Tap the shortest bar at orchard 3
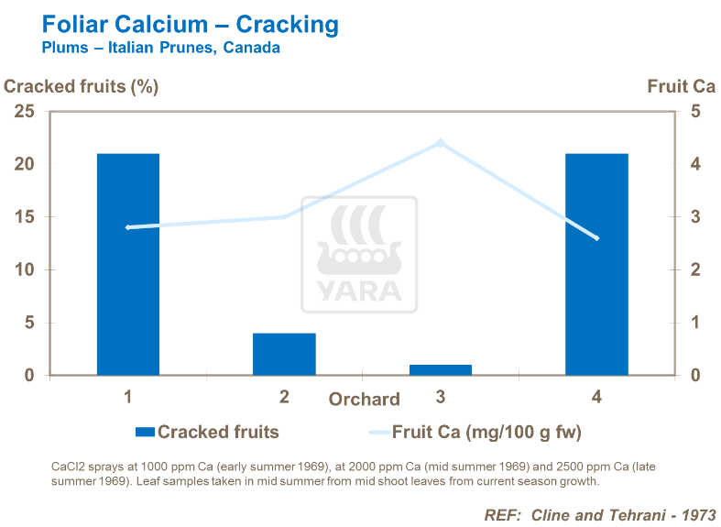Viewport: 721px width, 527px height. click(441, 369)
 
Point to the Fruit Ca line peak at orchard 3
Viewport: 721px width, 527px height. click(441, 143)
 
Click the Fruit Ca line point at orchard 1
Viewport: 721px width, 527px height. click(128, 227)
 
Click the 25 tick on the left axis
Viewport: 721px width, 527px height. click(24, 112)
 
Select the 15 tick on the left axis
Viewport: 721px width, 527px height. click(24, 217)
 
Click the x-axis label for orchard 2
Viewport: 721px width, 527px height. click(284, 397)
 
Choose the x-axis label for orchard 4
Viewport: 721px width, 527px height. click(596, 397)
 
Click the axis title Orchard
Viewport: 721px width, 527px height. click(365, 400)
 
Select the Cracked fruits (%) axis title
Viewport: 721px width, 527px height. click(82, 87)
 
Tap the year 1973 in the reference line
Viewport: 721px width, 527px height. click(697, 514)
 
